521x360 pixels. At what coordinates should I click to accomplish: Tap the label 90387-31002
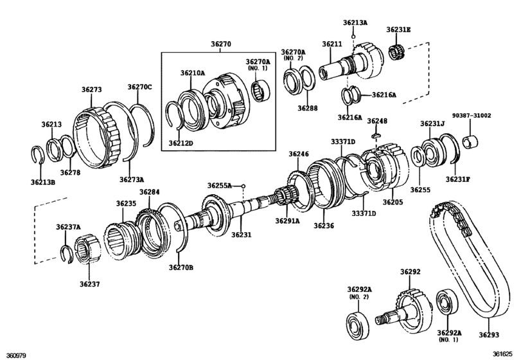pos(471,116)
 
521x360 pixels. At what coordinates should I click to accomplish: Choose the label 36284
pos(149,192)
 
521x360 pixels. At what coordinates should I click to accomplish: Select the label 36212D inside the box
pos(181,143)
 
